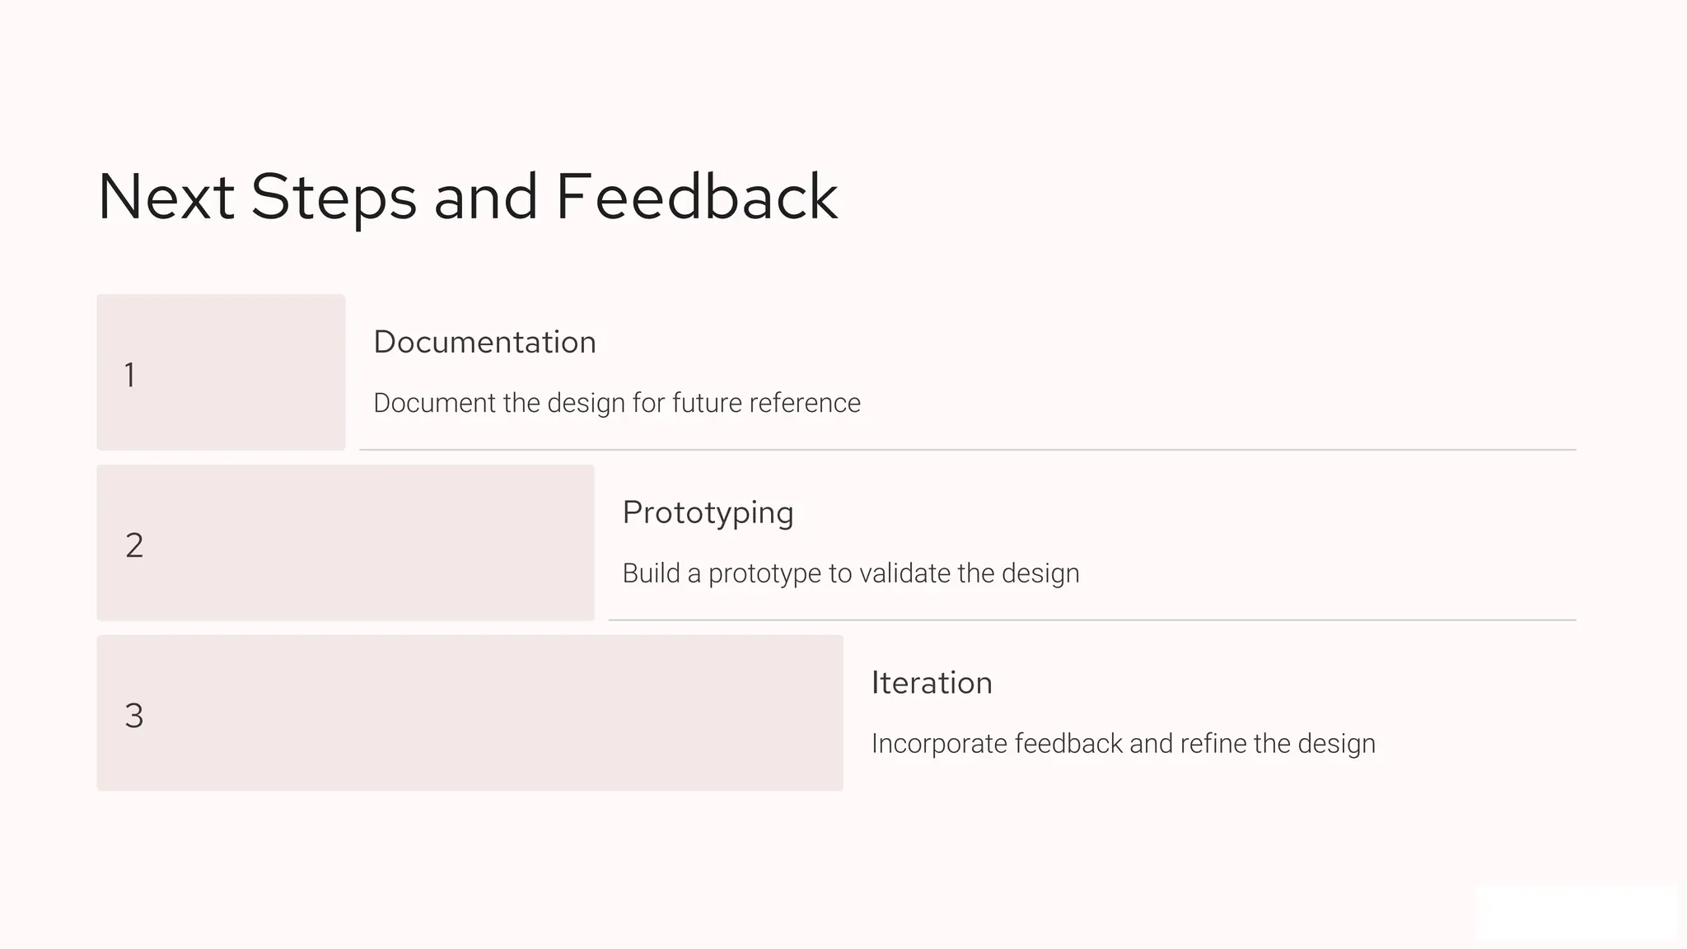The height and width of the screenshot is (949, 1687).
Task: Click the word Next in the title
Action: (166, 198)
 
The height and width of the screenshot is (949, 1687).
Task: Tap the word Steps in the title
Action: (334, 198)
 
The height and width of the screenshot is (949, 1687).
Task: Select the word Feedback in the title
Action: (697, 198)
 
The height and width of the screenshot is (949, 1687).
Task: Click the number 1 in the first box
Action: (130, 375)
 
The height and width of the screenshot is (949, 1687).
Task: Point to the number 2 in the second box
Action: (134, 545)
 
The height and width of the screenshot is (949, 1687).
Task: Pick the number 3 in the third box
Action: (134, 716)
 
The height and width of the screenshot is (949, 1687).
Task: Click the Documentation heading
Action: (484, 342)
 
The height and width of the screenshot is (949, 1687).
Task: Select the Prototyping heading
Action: (708, 512)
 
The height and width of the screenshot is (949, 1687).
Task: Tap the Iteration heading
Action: (932, 683)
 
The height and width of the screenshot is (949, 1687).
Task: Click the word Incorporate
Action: (939, 744)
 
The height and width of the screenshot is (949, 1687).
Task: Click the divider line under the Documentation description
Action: (967, 450)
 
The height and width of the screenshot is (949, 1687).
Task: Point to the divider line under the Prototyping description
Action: (1091, 619)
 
